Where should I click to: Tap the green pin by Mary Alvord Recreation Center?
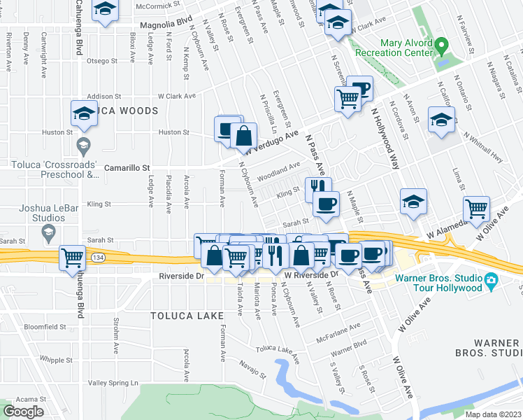coord(440,47)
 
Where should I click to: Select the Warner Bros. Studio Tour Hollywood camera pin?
coord(492,281)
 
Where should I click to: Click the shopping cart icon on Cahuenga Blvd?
coord(73,258)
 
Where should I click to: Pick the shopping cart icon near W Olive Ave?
coord(476,208)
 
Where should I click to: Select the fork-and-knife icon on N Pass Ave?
coord(317,187)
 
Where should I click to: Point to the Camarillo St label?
coord(127,168)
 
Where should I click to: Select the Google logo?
coord(23,412)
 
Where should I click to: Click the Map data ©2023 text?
coord(493,414)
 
